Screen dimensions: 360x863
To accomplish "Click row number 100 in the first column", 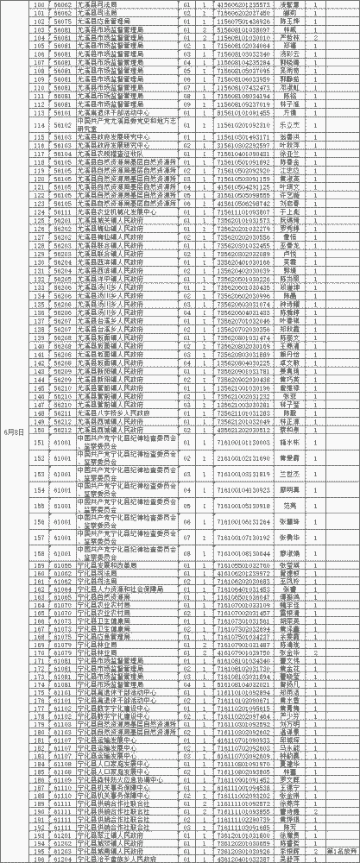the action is point(37,4).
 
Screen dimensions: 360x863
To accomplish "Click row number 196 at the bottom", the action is point(37,858).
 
